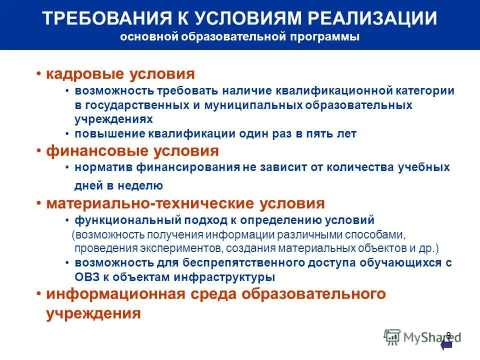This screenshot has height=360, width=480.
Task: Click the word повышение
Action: pyautogui.click(x=109, y=133)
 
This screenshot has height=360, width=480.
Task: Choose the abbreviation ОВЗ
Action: pyautogui.click(x=88, y=276)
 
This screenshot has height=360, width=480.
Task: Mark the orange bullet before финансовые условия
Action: pyautogui.click(x=38, y=151)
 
